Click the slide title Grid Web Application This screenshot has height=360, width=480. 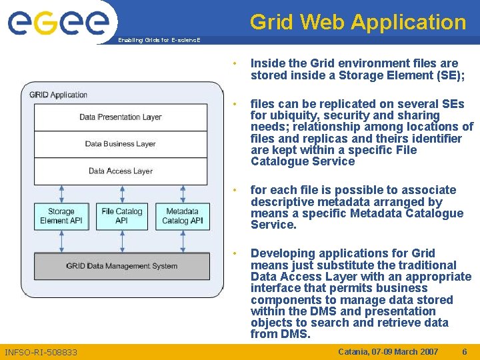point(358,22)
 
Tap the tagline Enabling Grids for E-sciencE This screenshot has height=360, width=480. point(158,40)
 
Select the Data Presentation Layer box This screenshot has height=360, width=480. point(121,117)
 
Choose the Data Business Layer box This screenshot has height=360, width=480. point(121,144)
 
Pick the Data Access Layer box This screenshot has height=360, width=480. point(121,171)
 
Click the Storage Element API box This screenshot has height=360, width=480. point(61,216)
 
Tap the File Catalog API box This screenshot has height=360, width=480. point(122,216)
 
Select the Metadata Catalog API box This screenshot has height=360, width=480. point(183,216)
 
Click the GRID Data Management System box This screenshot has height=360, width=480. point(122,266)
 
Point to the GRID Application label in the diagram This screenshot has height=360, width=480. point(59,95)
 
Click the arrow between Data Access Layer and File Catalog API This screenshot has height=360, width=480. point(122,193)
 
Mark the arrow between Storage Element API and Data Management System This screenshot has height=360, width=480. point(61,241)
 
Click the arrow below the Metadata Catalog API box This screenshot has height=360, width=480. point(183,241)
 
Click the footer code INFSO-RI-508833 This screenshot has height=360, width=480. point(41,352)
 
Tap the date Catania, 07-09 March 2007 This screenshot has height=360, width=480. point(389,351)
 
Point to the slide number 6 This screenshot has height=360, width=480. point(463,351)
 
